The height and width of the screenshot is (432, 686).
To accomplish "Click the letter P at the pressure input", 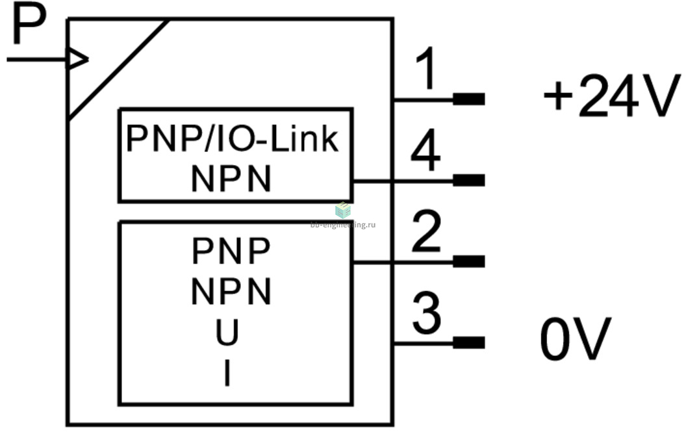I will coord(28,25).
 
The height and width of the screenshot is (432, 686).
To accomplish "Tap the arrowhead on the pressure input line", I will coord(78,60).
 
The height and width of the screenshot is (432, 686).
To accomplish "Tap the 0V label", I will coord(576,340).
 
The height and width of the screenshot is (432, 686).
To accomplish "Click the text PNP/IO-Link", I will coord(232,138).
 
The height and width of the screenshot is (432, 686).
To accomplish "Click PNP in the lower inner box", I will coord(231,251).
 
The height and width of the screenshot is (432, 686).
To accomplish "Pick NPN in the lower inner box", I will coord(231,292).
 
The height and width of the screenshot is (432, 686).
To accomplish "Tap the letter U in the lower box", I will coord(227,333).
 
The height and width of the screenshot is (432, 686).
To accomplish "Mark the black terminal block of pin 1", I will coord(468,99).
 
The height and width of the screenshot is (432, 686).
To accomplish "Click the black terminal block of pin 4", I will coord(468,180).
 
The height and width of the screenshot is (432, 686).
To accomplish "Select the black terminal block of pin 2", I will coord(468,261).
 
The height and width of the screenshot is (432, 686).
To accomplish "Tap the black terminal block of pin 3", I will coord(468,342).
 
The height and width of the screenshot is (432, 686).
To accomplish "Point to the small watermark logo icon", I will coord(342,210).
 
